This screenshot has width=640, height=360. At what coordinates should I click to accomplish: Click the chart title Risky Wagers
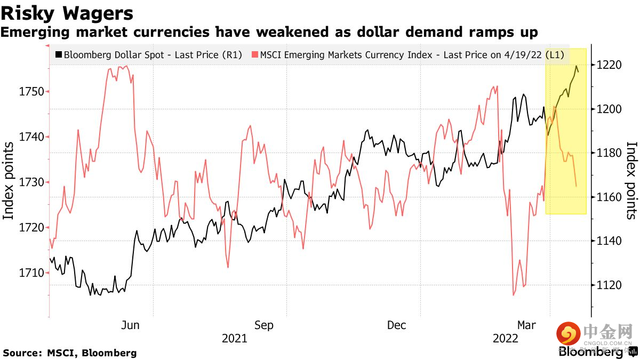[x=67, y=12]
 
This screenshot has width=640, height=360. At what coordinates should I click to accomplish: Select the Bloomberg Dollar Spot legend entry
[x=153, y=54]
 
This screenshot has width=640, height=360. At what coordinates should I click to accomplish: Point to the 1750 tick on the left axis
[x=31, y=91]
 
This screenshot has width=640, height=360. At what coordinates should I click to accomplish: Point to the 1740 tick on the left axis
[x=31, y=137]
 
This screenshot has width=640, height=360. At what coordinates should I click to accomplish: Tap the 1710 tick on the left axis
[x=31, y=273]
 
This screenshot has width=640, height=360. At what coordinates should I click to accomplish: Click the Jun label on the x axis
[x=131, y=325]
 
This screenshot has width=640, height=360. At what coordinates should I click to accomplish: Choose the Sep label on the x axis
[x=263, y=325]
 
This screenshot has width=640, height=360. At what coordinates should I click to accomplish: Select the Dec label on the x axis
[x=397, y=325]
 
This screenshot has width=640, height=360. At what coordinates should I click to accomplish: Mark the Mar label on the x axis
[x=527, y=325]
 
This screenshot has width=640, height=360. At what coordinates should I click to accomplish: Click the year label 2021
[x=234, y=339]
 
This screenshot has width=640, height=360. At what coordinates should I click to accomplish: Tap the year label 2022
[x=505, y=339]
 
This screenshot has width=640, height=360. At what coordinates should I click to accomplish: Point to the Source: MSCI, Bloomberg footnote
[x=69, y=353]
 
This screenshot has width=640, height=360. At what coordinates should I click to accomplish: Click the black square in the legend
[x=59, y=54]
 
